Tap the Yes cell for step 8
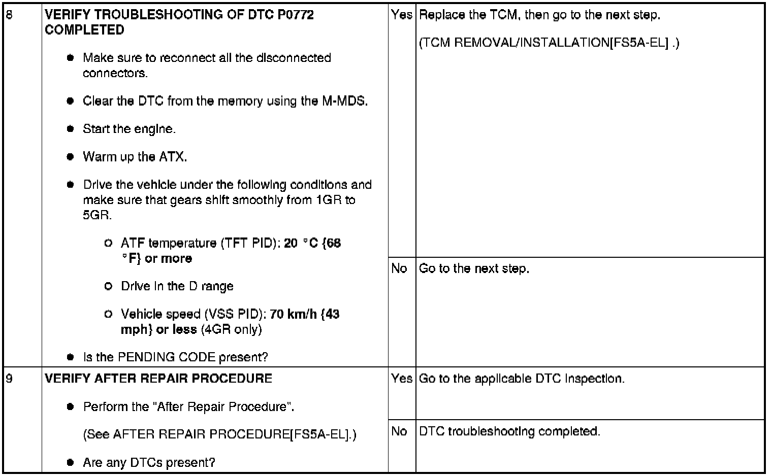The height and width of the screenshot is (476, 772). point(402,15)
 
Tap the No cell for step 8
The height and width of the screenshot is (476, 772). point(399,268)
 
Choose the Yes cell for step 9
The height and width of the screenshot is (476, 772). point(402,379)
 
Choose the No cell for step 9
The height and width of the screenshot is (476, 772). point(399,431)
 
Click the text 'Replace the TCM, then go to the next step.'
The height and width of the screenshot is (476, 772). point(539,15)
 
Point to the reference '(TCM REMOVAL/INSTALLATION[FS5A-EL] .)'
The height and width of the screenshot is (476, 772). point(549,43)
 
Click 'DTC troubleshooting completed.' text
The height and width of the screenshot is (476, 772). point(509,431)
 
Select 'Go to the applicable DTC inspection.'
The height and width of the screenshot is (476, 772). point(522,379)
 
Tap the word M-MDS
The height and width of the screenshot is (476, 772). point(344,101)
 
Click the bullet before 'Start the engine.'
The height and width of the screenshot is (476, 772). point(71,129)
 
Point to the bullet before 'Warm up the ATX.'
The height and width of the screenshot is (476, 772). point(71,157)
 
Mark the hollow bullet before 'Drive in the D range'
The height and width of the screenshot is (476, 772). point(108,286)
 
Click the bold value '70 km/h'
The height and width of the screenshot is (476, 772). point(294,314)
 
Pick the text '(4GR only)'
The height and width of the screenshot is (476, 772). point(231,329)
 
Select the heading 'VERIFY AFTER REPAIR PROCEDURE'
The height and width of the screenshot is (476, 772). point(158,379)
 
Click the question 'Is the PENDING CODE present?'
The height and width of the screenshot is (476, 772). point(175,357)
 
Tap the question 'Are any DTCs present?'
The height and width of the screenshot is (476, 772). point(149,462)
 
